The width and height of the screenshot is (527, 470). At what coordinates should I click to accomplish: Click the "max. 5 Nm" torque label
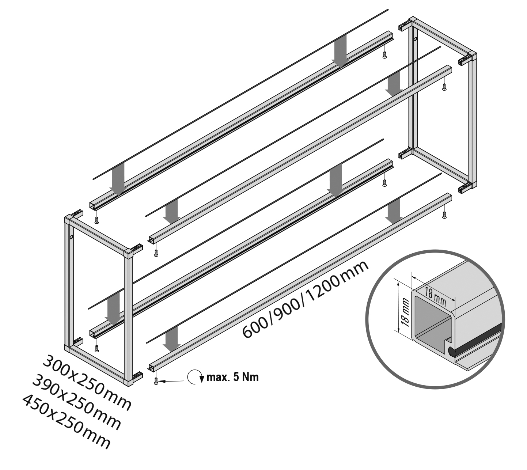pyautogui.click(x=232, y=377)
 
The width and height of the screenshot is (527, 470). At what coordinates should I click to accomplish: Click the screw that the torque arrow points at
pyautogui.click(x=156, y=381)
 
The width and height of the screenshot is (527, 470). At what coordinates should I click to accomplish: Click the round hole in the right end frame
pyautogui.click(x=416, y=39)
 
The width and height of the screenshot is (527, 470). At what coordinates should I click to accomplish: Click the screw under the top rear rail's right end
pyautogui.click(x=384, y=55)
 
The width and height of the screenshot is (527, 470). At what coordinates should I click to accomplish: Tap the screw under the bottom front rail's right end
pyautogui.click(x=444, y=215)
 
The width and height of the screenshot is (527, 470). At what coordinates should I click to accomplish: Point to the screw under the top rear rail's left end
pyautogui.click(x=97, y=221)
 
